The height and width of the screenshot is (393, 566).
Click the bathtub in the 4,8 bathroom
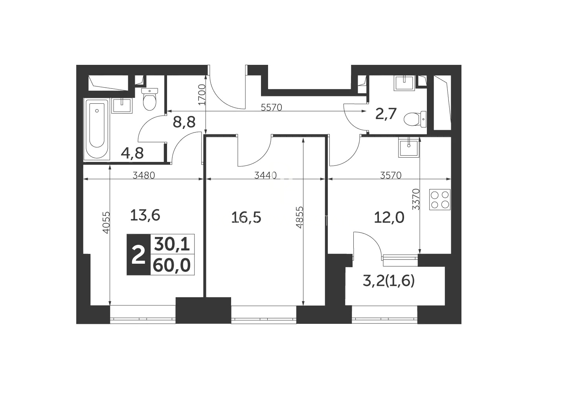(97, 129)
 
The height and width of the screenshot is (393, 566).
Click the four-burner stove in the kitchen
(440, 200)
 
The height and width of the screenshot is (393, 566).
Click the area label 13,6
(145, 216)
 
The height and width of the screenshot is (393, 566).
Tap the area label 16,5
(246, 218)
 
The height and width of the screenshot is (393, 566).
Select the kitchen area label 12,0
(389, 218)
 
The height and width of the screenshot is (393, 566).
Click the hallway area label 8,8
(184, 122)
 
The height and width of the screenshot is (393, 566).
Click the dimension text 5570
(271, 108)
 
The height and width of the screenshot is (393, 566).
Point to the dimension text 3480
(143, 175)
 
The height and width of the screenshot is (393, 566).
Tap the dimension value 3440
(266, 175)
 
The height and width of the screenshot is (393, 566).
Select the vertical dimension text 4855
(300, 217)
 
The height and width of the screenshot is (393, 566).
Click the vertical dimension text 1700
(202, 95)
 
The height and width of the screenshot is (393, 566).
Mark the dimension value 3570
(391, 175)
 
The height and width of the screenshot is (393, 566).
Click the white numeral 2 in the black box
(139, 255)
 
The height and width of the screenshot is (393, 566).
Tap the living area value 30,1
(172, 244)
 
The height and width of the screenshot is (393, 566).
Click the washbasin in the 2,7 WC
(404, 83)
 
